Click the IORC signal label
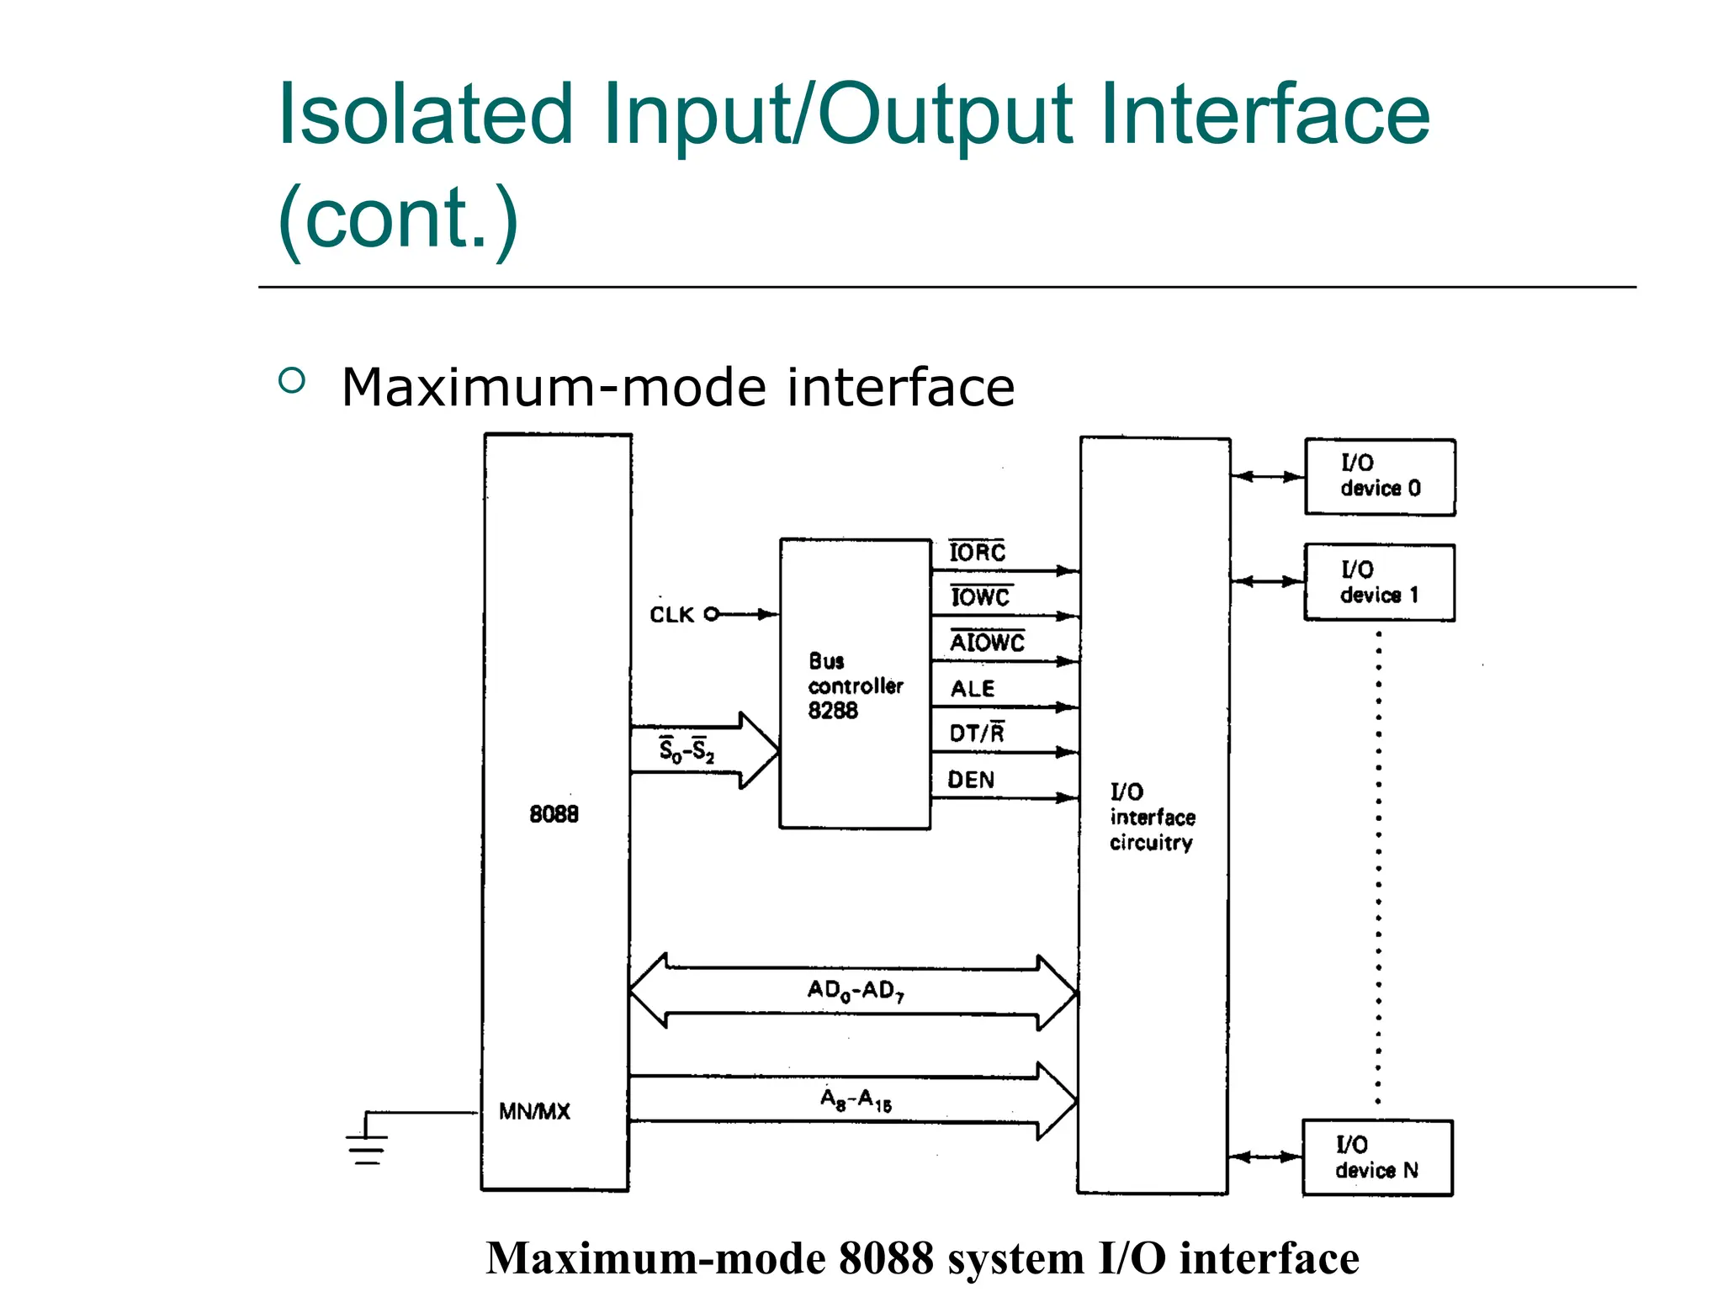[977, 553]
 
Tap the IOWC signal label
[980, 597]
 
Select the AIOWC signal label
[987, 643]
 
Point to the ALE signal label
[973, 689]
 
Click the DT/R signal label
[977, 733]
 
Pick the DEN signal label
[971, 780]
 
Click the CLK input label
[671, 615]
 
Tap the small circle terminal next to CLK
[712, 614]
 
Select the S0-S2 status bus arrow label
[687, 749]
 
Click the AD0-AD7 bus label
[856, 990]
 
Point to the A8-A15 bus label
[856, 1099]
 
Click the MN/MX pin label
[534, 1111]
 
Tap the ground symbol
[367, 1144]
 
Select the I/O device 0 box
[1380, 477]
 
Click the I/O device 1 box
[1380, 583]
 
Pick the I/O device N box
[1377, 1157]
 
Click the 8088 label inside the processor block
[554, 813]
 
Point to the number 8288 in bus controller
[833, 711]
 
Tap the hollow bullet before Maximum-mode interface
[291, 381]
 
